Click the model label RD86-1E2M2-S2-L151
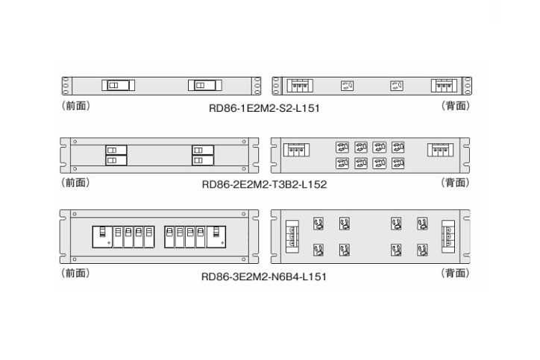pyautogui.click(x=264, y=107)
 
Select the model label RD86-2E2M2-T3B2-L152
pyautogui.click(x=264, y=183)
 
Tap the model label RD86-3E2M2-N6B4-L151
pyautogui.click(x=264, y=276)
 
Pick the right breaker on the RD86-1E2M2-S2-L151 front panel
pyautogui.click(x=204, y=85)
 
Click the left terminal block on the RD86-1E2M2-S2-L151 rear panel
pyautogui.click(x=300, y=85)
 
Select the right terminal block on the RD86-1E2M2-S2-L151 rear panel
pyautogui.click(x=442, y=85)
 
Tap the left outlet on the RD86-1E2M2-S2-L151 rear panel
pyautogui.click(x=346, y=85)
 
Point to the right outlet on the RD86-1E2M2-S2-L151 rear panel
pyautogui.click(x=396, y=85)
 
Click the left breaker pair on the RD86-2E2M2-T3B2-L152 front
pyautogui.click(x=116, y=154)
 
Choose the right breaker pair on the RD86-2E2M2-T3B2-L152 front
pyautogui.click(x=202, y=154)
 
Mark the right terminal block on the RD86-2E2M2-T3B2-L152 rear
pyautogui.click(x=441, y=149)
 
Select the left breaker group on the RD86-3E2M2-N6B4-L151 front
pyautogui.click(x=123, y=236)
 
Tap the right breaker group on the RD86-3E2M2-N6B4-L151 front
pyautogui.click(x=195, y=236)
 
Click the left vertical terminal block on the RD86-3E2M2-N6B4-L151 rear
pyautogui.click(x=292, y=236)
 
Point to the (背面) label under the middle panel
pyautogui.click(x=456, y=182)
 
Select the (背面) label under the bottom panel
pyautogui.click(x=456, y=274)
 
